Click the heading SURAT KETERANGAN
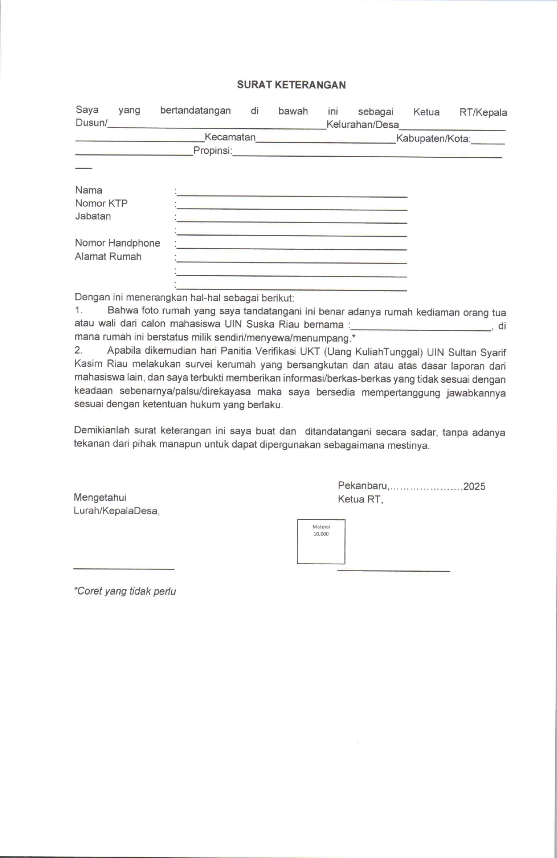coord(291,85)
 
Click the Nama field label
coord(89,190)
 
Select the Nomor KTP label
coord(101,203)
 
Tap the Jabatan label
coord(93,216)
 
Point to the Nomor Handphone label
coord(118,243)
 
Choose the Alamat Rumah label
coord(108,257)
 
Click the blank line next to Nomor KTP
coord(291,208)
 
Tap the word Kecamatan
coord(230,137)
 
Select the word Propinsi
coord(212,151)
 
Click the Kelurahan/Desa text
coord(362,125)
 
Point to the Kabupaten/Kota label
coord(433,139)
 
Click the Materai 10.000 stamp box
coord(321,542)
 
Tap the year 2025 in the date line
coord(474,487)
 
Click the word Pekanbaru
coord(362,486)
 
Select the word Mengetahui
coord(100,498)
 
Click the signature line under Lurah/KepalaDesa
coord(124,569)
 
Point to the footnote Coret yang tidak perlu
coord(125,591)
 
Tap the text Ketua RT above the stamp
coord(360,499)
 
